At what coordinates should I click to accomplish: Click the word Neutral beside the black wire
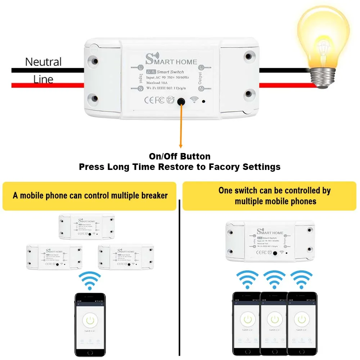point(43,62)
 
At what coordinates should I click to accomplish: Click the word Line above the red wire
point(43,79)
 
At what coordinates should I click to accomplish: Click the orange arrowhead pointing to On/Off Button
point(181,146)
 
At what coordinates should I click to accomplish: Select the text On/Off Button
point(180,156)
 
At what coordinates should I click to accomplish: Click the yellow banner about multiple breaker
point(90,196)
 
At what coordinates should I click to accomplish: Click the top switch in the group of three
point(87,226)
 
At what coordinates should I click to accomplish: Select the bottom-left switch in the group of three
point(54,257)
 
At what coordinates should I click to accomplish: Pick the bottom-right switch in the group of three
point(126,257)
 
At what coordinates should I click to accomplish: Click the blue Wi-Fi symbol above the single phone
point(90,280)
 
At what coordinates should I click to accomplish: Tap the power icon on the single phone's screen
point(90,320)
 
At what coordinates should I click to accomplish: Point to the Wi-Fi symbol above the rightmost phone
point(301,279)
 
